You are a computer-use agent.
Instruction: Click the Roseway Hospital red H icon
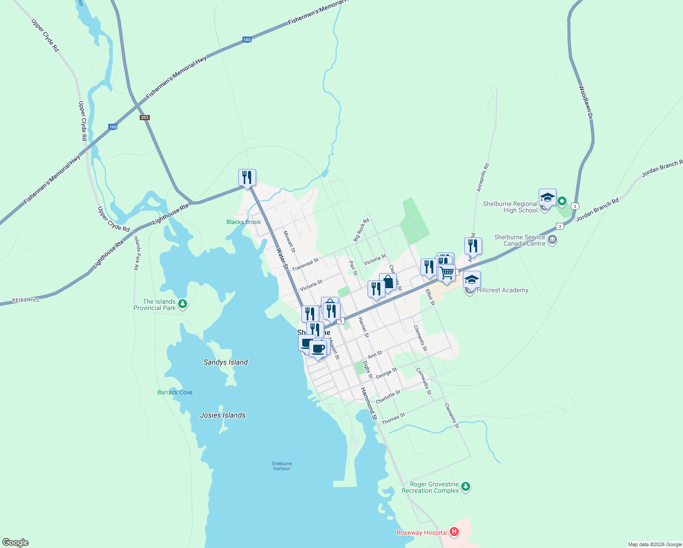[x=454, y=532]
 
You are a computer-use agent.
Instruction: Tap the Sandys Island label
[x=226, y=362]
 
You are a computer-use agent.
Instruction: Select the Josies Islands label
[x=223, y=415]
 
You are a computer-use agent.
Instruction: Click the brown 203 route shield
[x=145, y=117]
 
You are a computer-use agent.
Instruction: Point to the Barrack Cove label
[x=175, y=392]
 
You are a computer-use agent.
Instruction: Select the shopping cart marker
[x=447, y=273]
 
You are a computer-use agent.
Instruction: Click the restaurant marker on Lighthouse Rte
[x=247, y=178]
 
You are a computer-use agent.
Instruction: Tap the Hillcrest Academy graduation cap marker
[x=472, y=279]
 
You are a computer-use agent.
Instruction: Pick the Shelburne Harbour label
[x=282, y=466]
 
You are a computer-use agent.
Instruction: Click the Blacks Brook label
[x=244, y=222]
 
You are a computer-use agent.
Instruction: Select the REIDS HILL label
[x=26, y=300]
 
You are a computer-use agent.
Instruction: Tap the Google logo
[x=16, y=543]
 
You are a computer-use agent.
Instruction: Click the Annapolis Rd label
[x=483, y=178]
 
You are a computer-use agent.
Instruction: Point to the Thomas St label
[x=393, y=419]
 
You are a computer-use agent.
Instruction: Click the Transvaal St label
[x=305, y=264]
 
